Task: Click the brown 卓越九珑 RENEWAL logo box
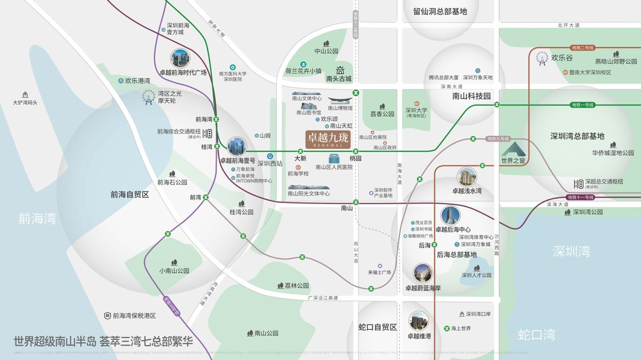click(328, 139)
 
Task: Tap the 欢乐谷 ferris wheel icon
click(542, 58)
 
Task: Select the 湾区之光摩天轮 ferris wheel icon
click(148, 96)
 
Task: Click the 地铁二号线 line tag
click(582, 48)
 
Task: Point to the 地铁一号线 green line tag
click(582, 105)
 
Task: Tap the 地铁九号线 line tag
click(498, 139)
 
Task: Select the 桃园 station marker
click(356, 151)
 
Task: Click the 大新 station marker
click(300, 151)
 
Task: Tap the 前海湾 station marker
click(216, 120)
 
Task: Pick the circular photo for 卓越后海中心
click(451, 216)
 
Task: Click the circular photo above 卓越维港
click(418, 321)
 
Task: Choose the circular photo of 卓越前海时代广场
click(180, 59)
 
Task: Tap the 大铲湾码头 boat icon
click(25, 95)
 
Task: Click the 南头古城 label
click(338, 79)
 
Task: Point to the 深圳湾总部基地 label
click(577, 136)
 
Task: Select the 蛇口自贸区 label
click(378, 327)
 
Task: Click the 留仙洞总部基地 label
click(440, 11)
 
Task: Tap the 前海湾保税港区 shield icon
click(107, 316)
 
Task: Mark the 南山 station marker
click(356, 202)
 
